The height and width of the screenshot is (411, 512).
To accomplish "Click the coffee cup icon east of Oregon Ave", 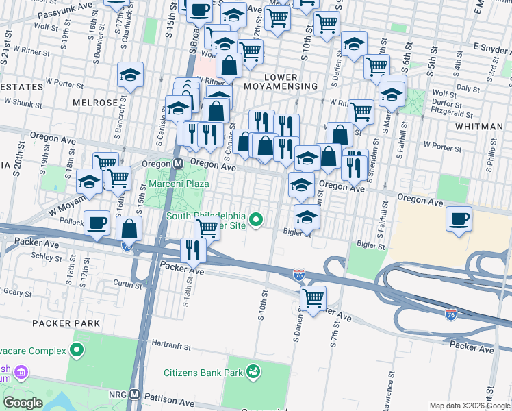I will point(458,219).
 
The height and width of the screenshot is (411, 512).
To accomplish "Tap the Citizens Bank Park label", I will point(203,373).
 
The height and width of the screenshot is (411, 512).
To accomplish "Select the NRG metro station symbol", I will point(135,395).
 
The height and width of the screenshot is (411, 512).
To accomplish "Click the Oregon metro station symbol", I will point(178,164).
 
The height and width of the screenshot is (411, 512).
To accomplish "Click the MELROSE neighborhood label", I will point(95,102).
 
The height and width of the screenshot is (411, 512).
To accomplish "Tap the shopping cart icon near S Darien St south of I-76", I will point(313,298).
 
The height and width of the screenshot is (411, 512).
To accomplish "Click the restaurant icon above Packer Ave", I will point(193,250).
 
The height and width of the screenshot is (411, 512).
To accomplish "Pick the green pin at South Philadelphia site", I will point(256,219).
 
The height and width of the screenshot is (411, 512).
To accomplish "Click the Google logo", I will point(23,403).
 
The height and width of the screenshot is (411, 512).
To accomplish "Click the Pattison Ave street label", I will point(166,395).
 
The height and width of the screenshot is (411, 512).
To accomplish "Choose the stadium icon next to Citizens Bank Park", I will point(254,372).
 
